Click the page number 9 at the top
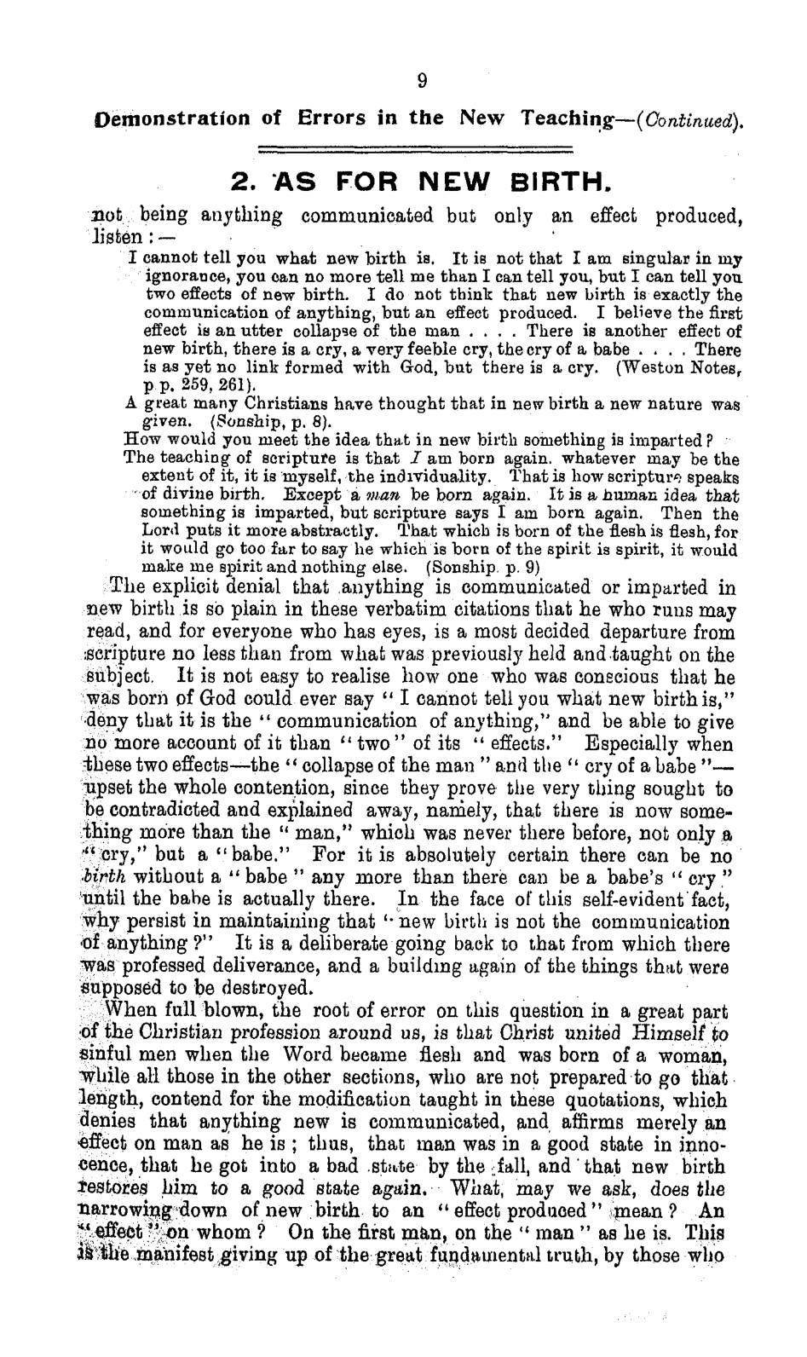tap(422, 81)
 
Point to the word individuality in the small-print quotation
tap(453, 474)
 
